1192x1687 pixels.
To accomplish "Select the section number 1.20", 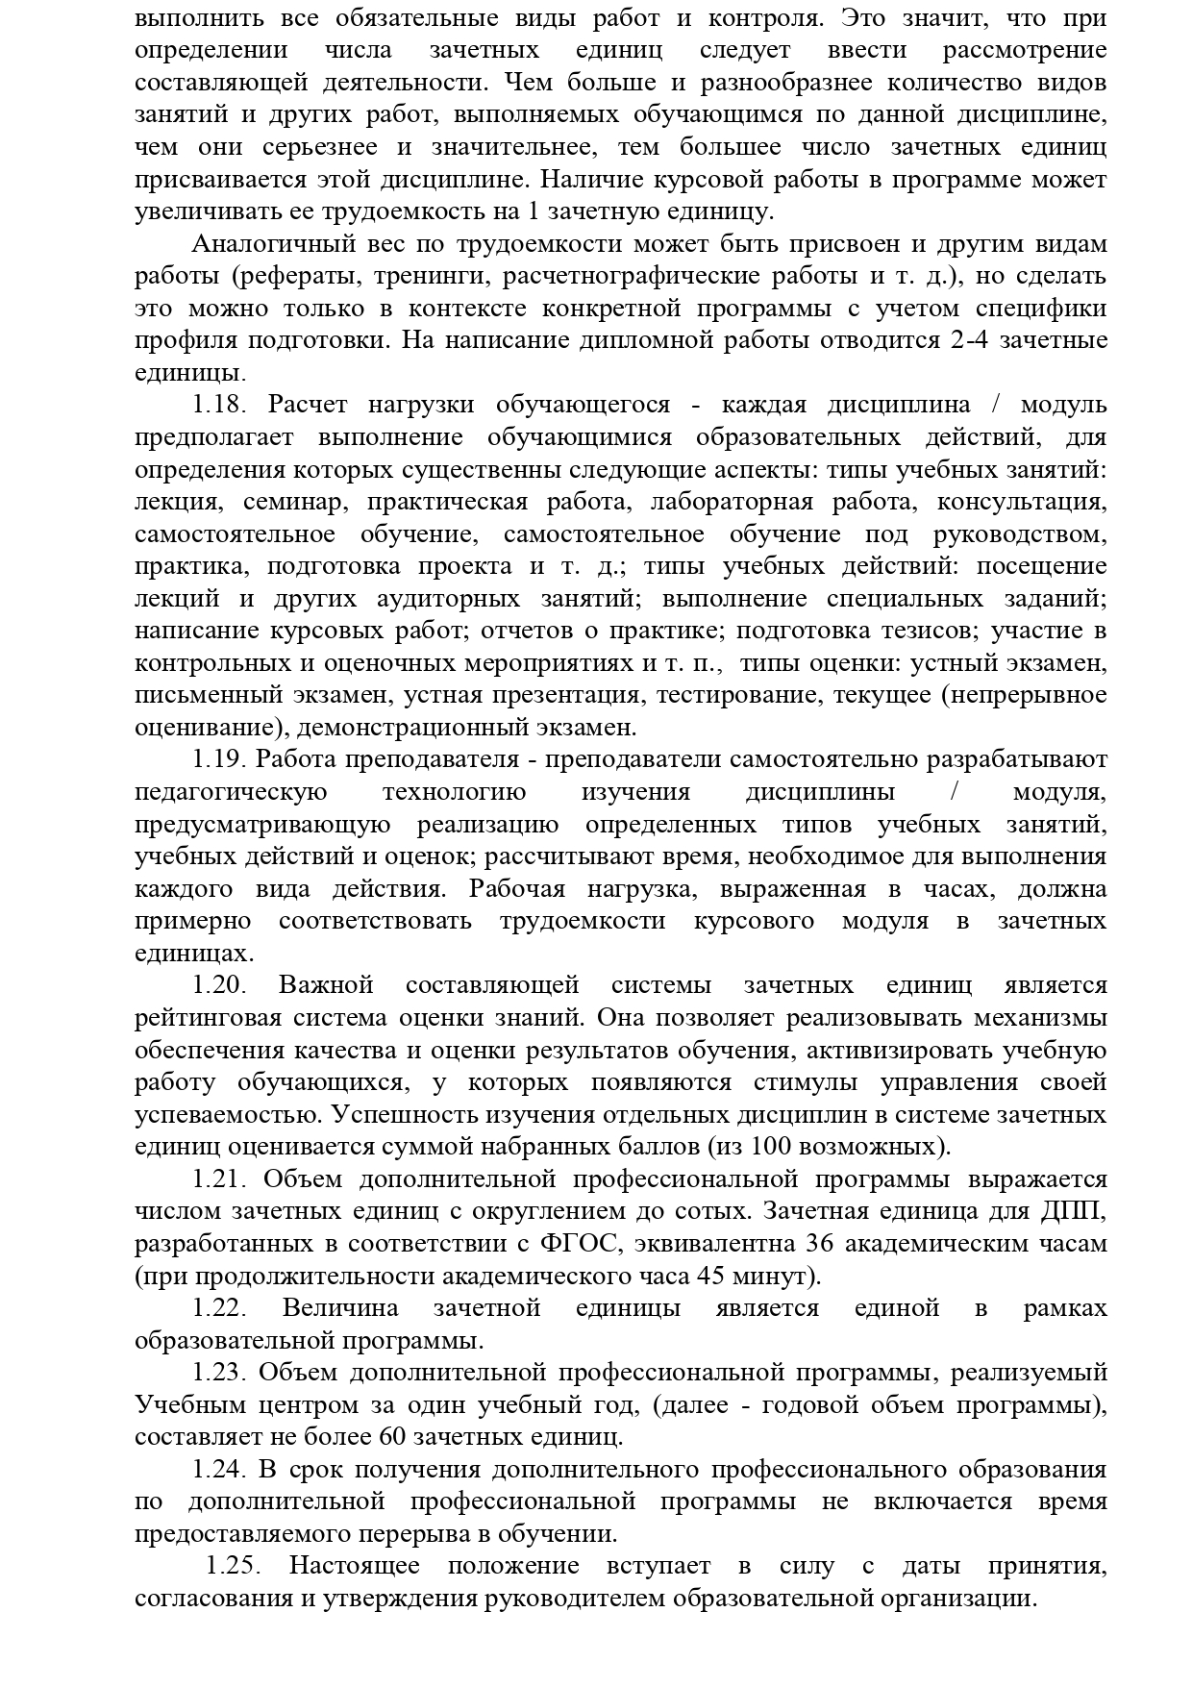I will click(x=220, y=985).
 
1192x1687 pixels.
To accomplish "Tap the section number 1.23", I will click(x=220, y=1373).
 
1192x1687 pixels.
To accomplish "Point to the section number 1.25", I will click(x=235, y=1566).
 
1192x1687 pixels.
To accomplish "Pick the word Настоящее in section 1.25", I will click(x=355, y=1566).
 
